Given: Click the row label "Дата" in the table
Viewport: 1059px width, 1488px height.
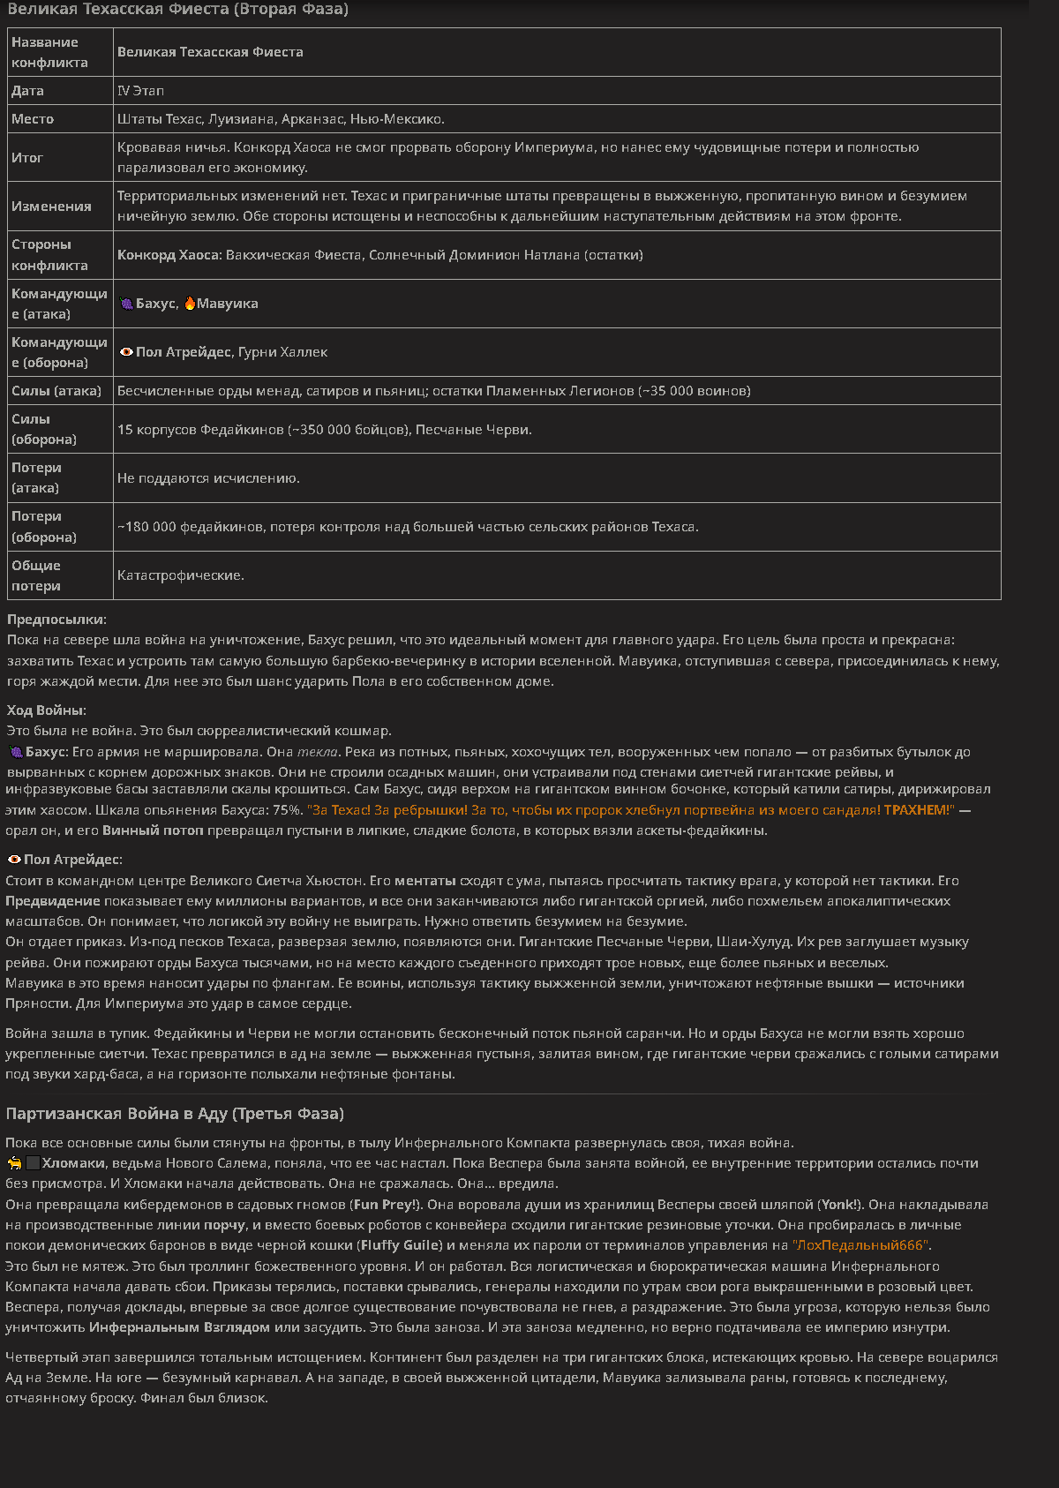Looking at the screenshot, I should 27,91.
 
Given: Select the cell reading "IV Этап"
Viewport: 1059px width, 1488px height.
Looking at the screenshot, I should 140,91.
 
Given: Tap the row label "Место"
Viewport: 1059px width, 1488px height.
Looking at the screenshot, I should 33,119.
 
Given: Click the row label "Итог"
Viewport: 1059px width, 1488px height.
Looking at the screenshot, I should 27,158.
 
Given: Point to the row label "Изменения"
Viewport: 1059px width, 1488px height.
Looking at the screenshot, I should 51,207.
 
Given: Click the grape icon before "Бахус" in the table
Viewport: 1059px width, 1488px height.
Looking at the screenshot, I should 127,304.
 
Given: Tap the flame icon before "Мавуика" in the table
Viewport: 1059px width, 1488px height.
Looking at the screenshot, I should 190,304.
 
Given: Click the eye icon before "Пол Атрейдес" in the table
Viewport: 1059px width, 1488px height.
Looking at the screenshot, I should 127,352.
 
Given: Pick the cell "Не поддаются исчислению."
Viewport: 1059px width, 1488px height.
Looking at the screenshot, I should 208,478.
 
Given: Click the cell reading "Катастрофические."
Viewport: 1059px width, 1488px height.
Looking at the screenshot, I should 181,575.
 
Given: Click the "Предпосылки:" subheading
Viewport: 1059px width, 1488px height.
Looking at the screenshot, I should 56,620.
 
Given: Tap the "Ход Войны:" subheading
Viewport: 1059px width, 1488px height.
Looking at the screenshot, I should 47,710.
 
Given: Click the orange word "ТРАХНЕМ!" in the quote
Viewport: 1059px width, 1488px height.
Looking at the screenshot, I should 919,810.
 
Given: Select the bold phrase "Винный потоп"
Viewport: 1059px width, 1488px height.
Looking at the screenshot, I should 153,830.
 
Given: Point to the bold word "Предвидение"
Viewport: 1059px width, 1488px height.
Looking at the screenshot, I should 53,901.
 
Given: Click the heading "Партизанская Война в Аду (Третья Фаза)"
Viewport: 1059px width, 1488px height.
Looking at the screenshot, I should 175,1114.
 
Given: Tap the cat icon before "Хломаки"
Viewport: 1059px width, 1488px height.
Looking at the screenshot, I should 15,1163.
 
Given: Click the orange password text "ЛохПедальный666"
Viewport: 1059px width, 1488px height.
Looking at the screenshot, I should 861,1245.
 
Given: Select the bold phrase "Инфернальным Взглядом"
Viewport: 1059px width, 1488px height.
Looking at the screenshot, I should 180,1327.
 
